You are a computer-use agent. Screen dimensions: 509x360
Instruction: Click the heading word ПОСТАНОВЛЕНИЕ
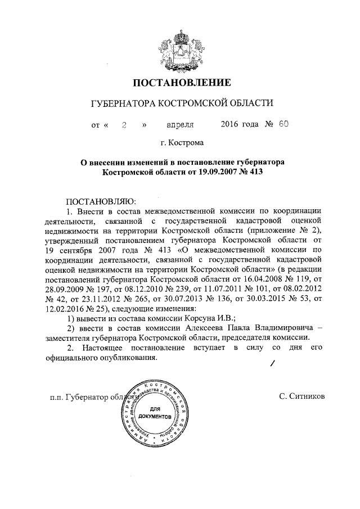tap(181, 84)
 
